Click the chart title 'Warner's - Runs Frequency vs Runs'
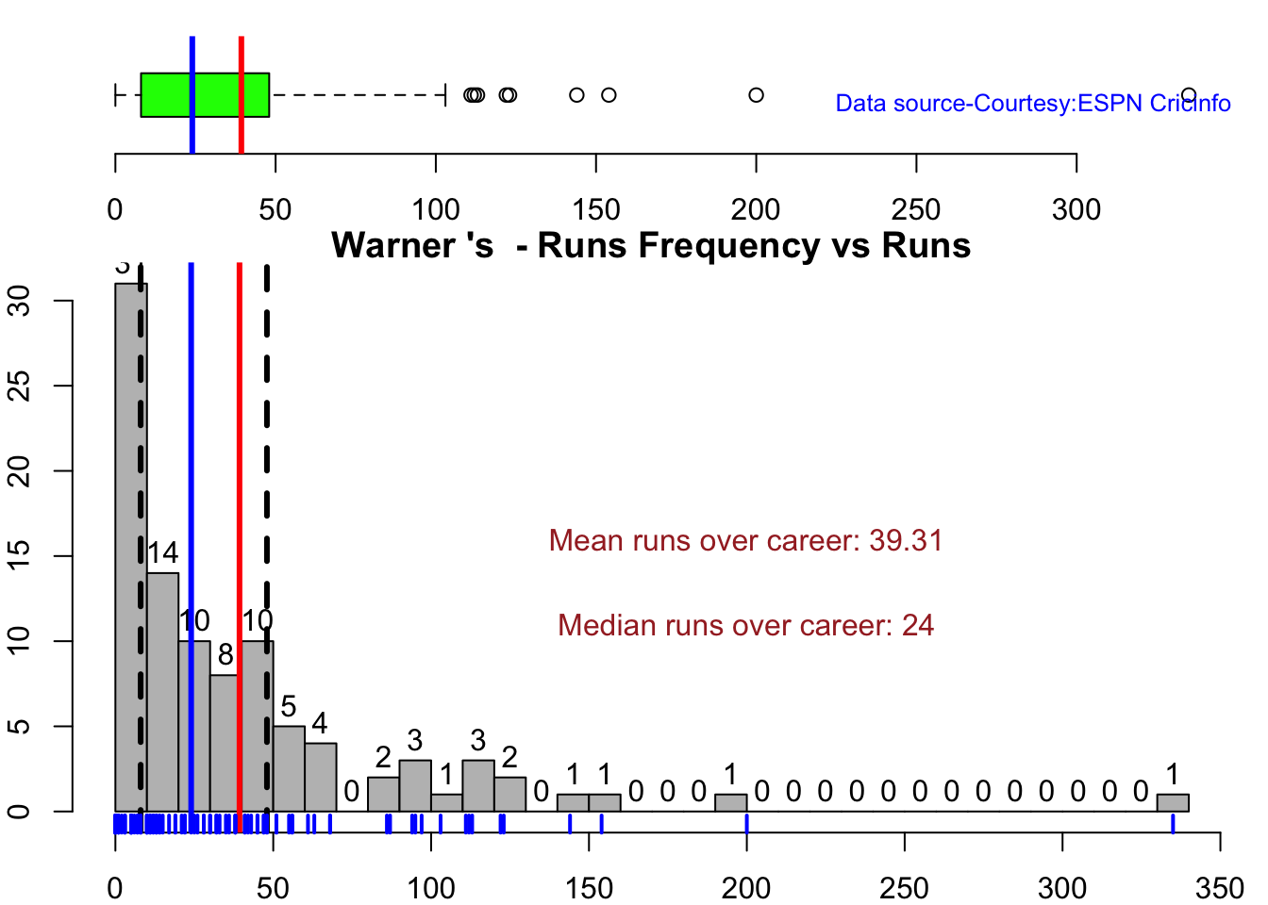tap(651, 245)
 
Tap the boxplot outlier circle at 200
tap(756, 95)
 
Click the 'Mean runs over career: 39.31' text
tap(745, 541)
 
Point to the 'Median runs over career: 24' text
tap(745, 626)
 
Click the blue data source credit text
tap(1032, 104)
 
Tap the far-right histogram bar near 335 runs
tap(1173, 802)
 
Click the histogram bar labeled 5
tap(289, 768)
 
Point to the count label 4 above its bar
tap(320, 724)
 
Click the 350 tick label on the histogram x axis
tap(1220, 888)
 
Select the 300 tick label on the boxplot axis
tap(1076, 209)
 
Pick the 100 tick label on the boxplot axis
tap(436, 209)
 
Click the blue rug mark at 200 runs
tap(746, 824)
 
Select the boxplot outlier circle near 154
tap(609, 95)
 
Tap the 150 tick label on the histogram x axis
tap(589, 888)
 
